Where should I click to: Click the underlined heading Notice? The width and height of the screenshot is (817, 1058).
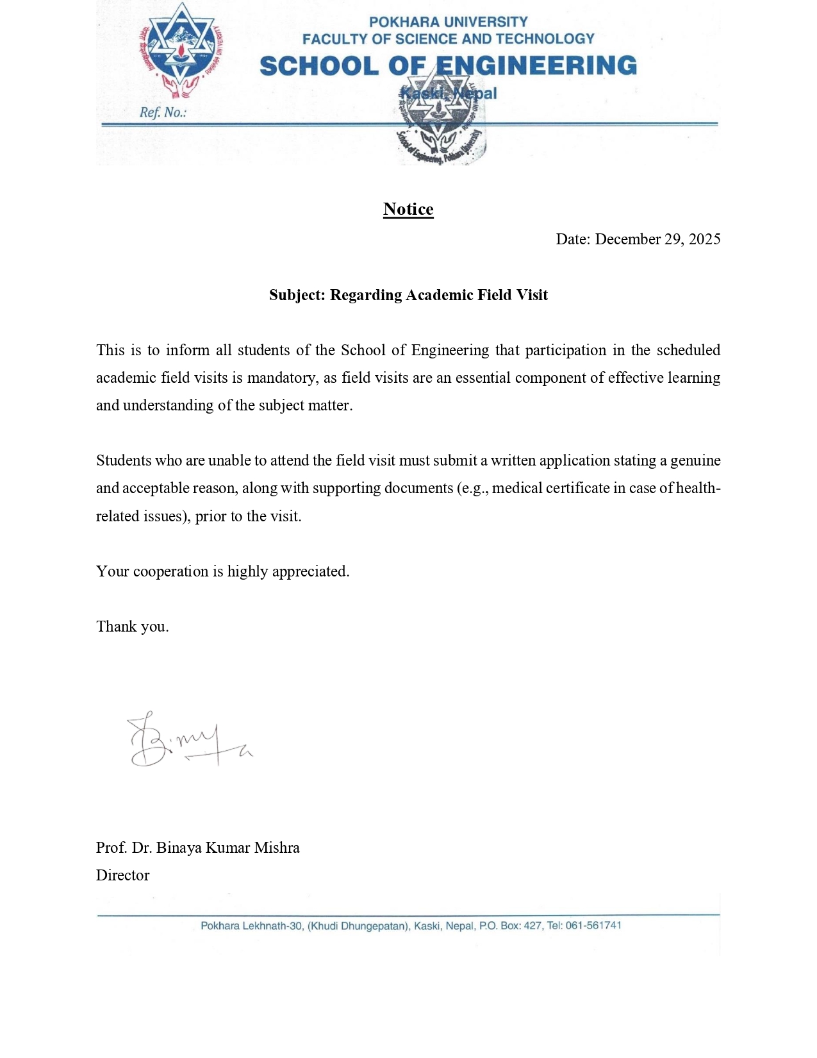coord(408,210)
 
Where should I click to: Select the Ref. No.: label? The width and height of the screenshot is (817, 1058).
coord(163,113)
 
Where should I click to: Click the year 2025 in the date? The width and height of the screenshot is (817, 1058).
coord(704,239)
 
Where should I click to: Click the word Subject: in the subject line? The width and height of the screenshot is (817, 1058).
coord(297,295)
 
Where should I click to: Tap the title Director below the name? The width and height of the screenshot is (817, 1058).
coord(122,875)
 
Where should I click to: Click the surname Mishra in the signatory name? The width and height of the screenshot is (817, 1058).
coord(277,848)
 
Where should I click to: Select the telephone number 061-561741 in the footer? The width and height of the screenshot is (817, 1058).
coord(593,925)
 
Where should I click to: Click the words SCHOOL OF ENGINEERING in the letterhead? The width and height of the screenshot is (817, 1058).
coord(448,66)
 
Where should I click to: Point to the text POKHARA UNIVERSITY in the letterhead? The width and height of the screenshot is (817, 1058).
coord(448,22)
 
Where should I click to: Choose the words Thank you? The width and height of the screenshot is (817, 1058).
coord(133,626)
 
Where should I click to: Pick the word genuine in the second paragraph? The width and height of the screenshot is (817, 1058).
coord(695,461)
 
